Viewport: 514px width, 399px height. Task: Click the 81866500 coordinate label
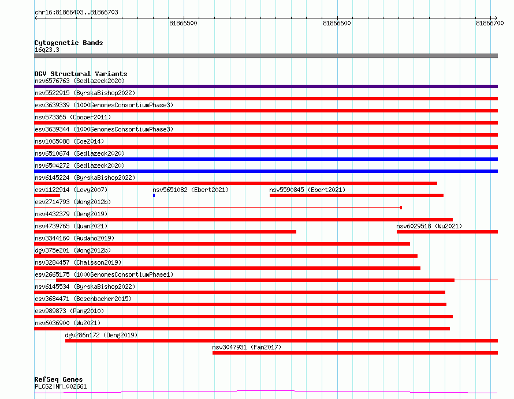pos(183,23)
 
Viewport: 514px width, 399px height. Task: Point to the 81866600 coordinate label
pos(337,23)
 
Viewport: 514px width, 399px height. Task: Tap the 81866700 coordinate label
pos(490,23)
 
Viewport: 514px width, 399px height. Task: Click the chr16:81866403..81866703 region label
pos(76,13)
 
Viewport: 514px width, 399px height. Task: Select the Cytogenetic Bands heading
pos(69,43)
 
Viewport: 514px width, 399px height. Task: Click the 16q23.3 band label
pos(47,50)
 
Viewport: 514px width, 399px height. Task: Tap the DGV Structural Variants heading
pos(81,74)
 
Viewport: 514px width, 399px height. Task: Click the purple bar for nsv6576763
pos(266,86)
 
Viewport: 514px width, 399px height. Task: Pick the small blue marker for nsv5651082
pos(154,195)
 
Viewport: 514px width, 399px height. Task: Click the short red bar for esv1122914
pos(47,195)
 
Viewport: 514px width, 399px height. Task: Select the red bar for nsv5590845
pos(356,195)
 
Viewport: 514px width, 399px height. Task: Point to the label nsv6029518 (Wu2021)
pos(429,226)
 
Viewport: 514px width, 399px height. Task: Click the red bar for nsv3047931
pos(355,353)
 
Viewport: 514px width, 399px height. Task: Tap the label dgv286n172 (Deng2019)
pos(101,335)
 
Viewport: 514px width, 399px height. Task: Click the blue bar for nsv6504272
pos(266,171)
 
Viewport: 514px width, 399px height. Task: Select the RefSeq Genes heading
pos(59,379)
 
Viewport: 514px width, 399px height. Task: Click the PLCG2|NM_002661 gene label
pos(61,386)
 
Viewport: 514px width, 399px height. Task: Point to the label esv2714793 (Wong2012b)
pos(73,202)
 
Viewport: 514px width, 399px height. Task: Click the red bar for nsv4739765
pos(165,232)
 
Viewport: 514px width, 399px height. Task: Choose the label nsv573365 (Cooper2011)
pos(73,117)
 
